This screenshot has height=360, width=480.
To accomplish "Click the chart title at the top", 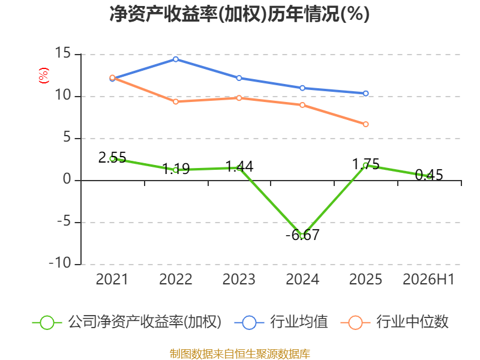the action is click(239, 14).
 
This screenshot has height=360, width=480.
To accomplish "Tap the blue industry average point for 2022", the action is click(176, 59).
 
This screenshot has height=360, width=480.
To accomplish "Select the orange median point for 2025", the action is click(366, 124).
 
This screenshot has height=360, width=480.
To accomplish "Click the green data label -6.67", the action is click(302, 235).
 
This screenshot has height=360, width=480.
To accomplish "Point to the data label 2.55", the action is click(112, 158).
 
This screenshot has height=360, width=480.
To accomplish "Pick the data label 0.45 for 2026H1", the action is click(429, 175).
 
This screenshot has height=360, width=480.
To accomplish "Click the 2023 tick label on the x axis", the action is click(239, 279).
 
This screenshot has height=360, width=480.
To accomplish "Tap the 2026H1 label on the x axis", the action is click(428, 279).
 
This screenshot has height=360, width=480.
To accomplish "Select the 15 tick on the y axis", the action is click(63, 53).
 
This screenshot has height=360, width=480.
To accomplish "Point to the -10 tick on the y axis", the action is click(60, 263).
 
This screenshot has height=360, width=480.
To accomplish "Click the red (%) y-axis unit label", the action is click(43, 76).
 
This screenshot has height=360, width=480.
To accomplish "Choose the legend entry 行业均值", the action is click(281, 322).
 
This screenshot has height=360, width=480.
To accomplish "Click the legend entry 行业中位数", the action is click(394, 322).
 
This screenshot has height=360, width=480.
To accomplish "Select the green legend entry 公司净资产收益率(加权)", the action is click(127, 322).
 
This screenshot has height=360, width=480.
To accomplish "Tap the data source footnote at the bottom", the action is click(240, 354).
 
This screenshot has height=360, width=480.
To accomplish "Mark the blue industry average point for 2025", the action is click(366, 94).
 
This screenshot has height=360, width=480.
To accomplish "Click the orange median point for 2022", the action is click(176, 101).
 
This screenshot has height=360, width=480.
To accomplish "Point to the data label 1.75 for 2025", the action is click(366, 164).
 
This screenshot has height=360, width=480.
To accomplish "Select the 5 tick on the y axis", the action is click(67, 137).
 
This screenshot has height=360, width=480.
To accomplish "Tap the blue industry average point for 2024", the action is click(302, 88).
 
